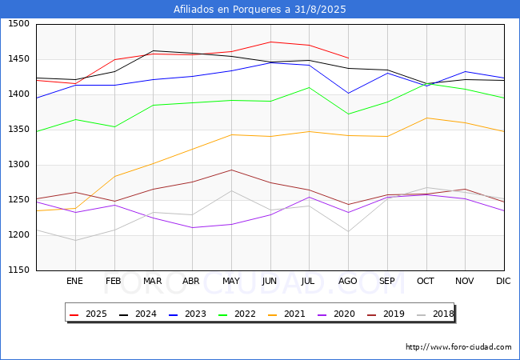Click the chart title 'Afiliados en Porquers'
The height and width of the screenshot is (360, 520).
point(260,10)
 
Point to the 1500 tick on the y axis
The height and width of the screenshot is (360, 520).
point(18,24)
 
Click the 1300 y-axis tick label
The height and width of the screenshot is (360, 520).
point(18,165)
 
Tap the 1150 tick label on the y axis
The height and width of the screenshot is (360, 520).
point(18,270)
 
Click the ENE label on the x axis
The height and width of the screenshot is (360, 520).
point(74,282)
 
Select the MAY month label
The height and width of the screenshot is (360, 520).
point(230,282)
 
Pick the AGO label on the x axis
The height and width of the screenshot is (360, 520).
point(348,282)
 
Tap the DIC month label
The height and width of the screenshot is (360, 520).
point(503,282)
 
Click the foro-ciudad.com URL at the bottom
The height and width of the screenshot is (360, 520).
point(458,347)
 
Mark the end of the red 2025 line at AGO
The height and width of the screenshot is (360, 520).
point(348,58)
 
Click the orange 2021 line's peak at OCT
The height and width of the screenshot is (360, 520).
point(426,118)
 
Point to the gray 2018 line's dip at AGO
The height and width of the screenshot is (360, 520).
point(348,231)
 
